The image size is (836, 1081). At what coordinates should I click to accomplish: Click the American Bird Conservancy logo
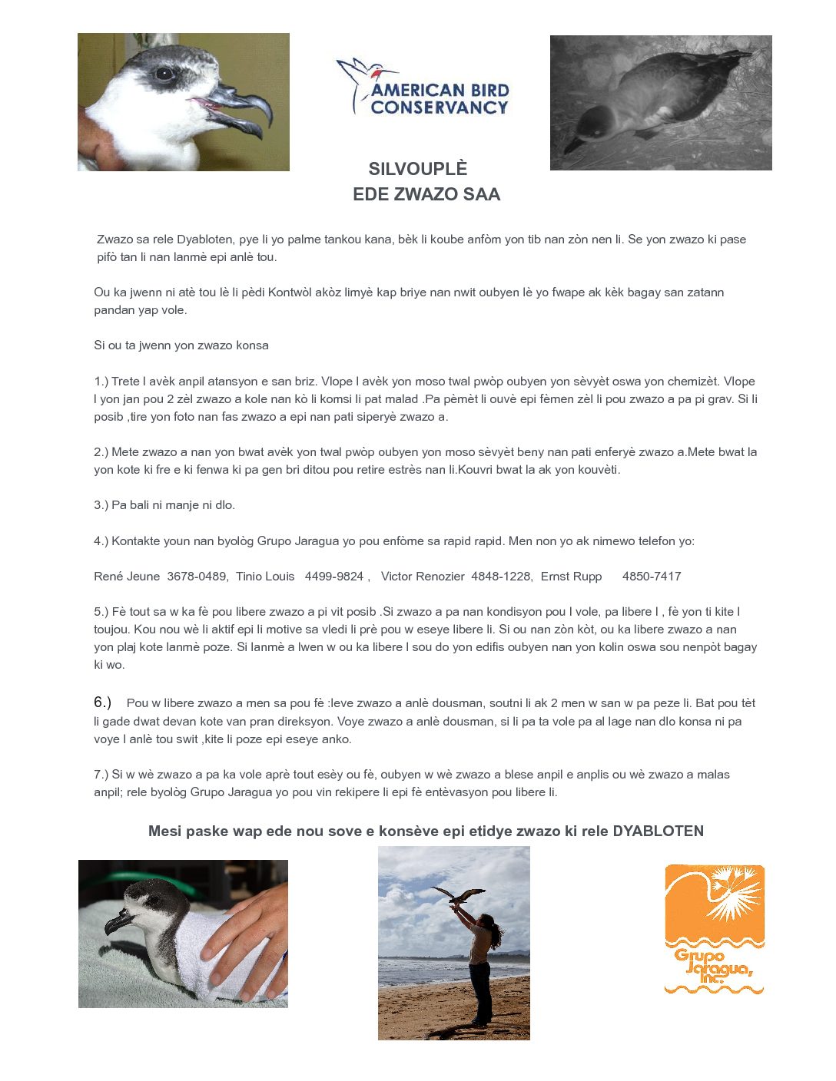(x=423, y=88)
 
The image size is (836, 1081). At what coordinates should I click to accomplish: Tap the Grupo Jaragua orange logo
(x=715, y=928)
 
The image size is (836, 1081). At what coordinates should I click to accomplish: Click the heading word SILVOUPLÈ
(x=417, y=169)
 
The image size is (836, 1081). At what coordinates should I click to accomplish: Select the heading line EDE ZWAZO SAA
(x=426, y=194)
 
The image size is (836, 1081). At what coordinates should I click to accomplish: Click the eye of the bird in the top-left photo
(x=164, y=74)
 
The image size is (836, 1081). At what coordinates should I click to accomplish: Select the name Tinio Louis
(x=265, y=577)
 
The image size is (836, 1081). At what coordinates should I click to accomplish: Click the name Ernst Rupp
(x=571, y=577)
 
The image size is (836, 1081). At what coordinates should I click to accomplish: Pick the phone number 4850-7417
(x=652, y=577)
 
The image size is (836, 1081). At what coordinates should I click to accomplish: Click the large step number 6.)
(x=103, y=702)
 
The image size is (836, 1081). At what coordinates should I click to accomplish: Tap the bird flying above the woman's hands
(x=459, y=895)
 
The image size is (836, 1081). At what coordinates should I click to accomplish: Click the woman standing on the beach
(x=480, y=967)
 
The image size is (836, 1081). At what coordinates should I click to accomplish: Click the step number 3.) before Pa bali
(x=101, y=505)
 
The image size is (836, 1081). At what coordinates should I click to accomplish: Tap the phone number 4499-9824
(x=334, y=577)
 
